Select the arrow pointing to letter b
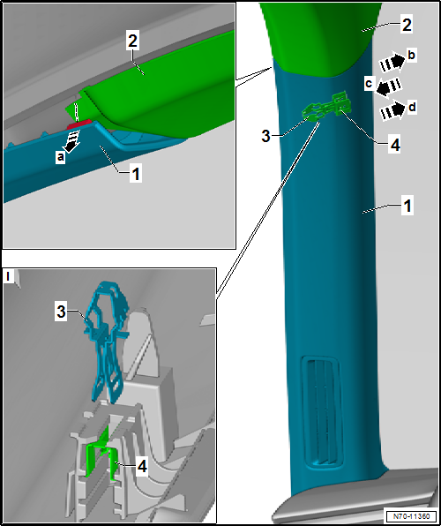click(x=392, y=63)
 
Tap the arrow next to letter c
click(x=388, y=86)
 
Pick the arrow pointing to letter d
click(x=392, y=110)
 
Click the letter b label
click(x=412, y=56)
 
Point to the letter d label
click(x=412, y=108)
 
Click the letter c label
click(x=370, y=83)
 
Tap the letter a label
click(x=60, y=157)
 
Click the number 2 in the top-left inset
click(x=132, y=41)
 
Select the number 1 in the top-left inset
click(x=135, y=174)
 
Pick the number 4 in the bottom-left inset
click(x=143, y=466)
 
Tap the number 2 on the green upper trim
click(x=407, y=25)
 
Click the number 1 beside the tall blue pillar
click(x=407, y=206)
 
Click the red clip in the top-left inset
click(x=79, y=124)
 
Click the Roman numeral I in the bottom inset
click(x=8, y=277)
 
